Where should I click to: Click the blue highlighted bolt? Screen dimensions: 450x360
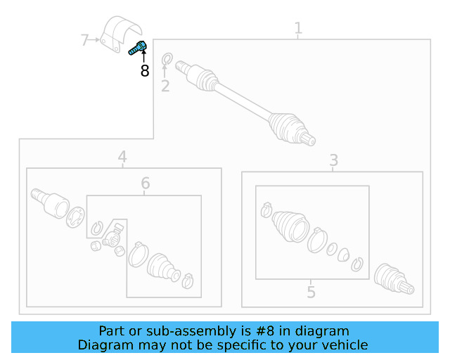pyautogui.click(x=138, y=48)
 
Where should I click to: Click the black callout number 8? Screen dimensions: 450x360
pyautogui.click(x=145, y=70)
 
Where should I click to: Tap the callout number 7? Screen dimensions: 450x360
pyautogui.click(x=84, y=40)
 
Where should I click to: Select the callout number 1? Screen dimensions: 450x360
pyautogui.click(x=298, y=28)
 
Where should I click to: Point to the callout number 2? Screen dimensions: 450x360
pyautogui.click(x=165, y=86)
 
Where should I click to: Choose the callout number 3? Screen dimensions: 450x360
pyautogui.click(x=333, y=160)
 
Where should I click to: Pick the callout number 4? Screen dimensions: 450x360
pyautogui.click(x=122, y=157)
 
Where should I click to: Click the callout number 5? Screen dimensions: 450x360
pyautogui.click(x=311, y=292)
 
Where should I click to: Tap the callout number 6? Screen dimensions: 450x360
pyautogui.click(x=146, y=183)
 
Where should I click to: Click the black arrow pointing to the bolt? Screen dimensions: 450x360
pyautogui.click(x=143, y=56)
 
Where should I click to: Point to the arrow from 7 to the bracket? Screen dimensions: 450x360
pyautogui.click(x=94, y=40)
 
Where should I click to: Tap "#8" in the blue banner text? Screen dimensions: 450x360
pyautogui.click(x=265, y=331)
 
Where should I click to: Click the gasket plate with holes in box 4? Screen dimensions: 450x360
pyautogui.click(x=75, y=217)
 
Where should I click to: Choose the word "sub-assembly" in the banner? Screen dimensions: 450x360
pyautogui.click(x=195, y=331)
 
